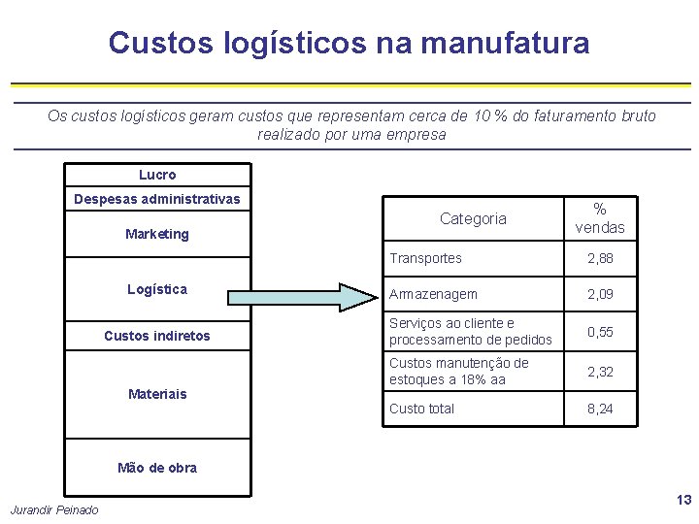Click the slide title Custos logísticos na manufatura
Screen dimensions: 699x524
click(349, 44)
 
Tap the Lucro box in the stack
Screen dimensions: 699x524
click(157, 175)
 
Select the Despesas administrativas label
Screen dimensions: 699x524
click(157, 200)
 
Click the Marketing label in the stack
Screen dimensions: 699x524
click(157, 234)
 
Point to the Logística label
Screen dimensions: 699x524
click(157, 289)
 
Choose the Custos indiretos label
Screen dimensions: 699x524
click(157, 336)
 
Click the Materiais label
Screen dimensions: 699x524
click(157, 394)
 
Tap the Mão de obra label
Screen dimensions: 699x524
click(157, 468)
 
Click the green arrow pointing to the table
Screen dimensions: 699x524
click(291, 297)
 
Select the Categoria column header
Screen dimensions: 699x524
click(473, 219)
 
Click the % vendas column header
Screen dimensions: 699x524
click(600, 218)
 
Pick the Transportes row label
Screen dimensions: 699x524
click(425, 258)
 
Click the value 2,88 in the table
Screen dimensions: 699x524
click(600, 259)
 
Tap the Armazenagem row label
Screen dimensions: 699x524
click(433, 294)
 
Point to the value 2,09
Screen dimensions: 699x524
click(600, 294)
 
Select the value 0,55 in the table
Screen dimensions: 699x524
click(600, 332)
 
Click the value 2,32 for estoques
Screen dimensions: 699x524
click(600, 372)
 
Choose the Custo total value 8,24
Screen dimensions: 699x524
click(600, 409)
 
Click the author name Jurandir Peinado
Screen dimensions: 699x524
click(54, 510)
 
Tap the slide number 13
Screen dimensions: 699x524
click(683, 501)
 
